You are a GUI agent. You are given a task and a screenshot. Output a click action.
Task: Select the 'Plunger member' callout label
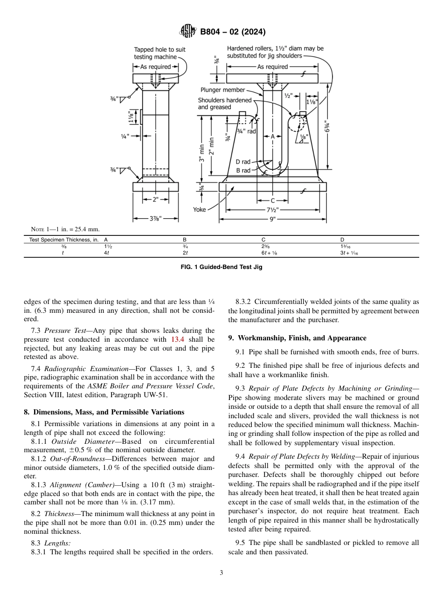click(x=222, y=90)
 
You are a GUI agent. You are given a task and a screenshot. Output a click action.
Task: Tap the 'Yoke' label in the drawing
click(x=200, y=210)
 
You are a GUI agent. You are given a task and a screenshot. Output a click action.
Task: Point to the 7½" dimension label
click(x=272, y=210)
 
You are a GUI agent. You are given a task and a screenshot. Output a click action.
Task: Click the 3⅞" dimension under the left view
click(x=155, y=218)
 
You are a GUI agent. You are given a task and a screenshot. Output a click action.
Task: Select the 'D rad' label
click(x=242, y=162)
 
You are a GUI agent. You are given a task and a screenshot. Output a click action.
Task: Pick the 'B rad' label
click(x=242, y=171)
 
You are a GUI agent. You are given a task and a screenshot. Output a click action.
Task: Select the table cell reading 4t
click(x=107, y=253)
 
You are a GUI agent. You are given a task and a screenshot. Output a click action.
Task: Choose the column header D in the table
click(x=342, y=240)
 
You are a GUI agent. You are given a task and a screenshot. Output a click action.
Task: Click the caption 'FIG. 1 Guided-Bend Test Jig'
click(x=221, y=268)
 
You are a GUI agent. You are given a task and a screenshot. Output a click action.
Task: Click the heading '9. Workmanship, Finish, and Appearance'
click(x=297, y=338)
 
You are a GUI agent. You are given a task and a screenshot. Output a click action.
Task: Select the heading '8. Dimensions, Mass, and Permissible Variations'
click(x=104, y=412)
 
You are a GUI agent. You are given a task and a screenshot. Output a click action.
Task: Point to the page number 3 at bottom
click(x=221, y=573)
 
